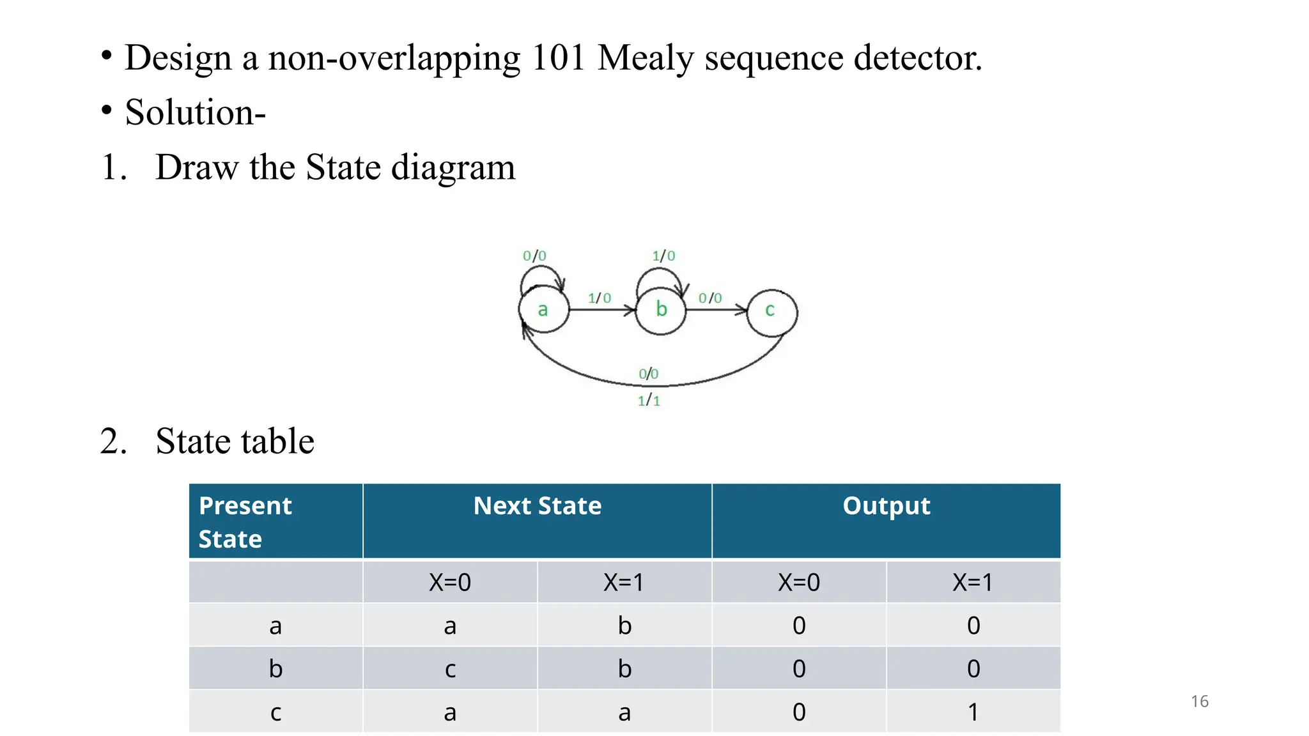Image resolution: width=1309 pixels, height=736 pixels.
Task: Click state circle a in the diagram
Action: click(543, 310)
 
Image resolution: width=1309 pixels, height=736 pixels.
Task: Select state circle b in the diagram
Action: click(661, 310)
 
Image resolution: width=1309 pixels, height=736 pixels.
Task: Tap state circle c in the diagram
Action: click(771, 312)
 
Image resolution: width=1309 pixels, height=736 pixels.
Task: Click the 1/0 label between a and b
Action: click(600, 298)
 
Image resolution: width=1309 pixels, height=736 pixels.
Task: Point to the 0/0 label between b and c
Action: click(710, 298)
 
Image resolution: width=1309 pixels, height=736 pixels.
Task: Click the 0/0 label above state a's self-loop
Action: click(534, 256)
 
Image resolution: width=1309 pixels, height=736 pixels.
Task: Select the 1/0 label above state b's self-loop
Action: click(663, 256)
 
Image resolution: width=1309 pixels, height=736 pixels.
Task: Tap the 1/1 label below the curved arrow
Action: click(649, 401)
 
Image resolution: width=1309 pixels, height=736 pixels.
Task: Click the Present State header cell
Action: click(275, 521)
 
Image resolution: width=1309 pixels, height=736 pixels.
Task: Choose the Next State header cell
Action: click(538, 506)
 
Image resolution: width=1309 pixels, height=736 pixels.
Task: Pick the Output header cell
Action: click(886, 506)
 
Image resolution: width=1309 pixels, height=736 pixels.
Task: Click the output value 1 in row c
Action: click(973, 712)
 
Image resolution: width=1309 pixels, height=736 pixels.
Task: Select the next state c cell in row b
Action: click(450, 669)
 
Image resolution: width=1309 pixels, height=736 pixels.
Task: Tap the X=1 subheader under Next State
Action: click(624, 582)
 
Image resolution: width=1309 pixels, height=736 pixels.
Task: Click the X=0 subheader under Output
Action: click(799, 582)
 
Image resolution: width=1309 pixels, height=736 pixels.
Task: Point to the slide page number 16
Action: click(1200, 701)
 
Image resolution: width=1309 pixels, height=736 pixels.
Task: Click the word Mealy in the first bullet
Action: click(646, 59)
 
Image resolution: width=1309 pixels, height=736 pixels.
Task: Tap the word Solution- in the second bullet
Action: click(195, 112)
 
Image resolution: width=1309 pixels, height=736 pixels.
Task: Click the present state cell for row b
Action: click(275, 669)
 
